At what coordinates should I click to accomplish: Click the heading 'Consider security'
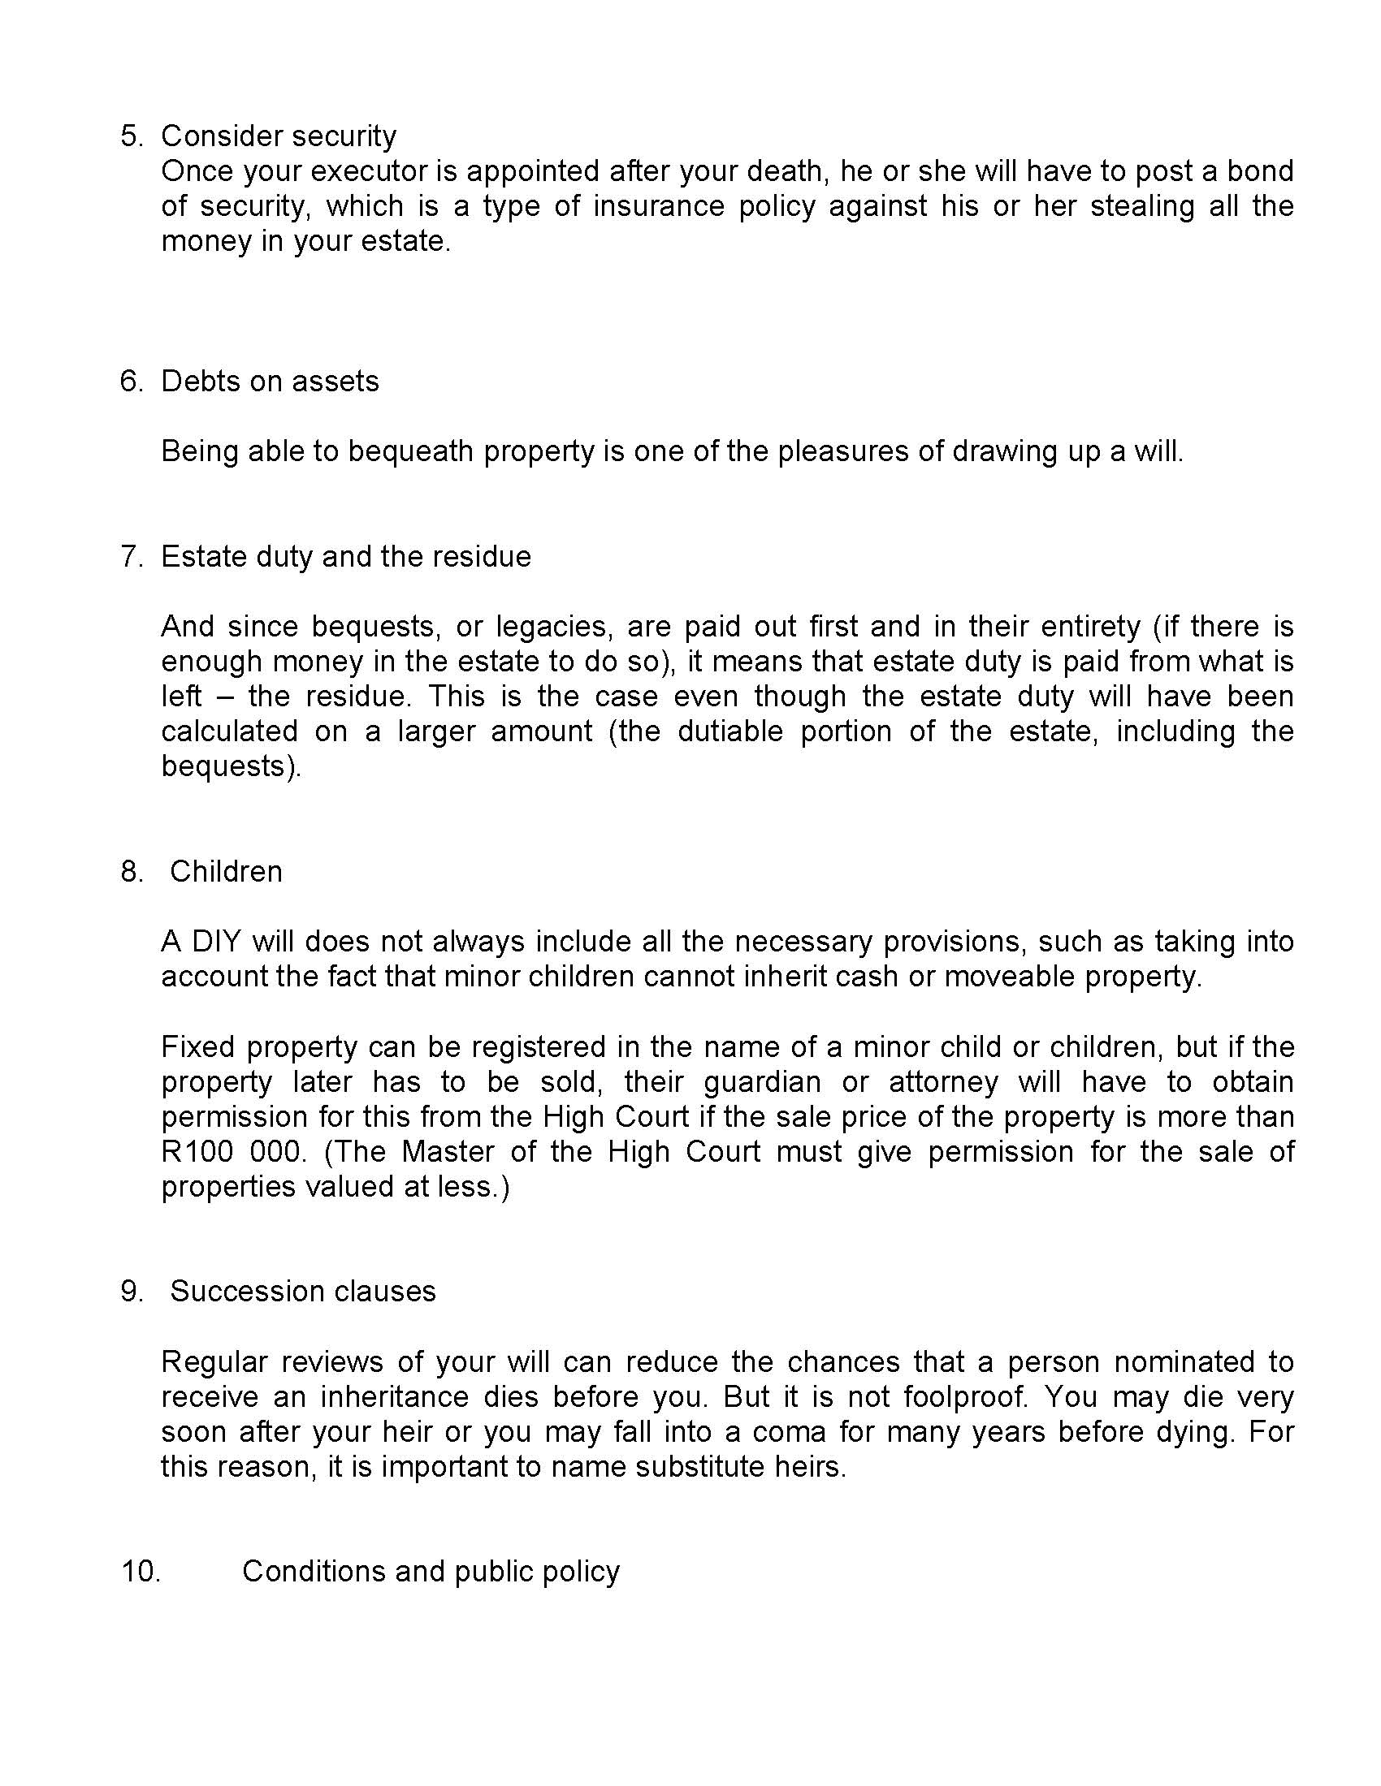tap(278, 136)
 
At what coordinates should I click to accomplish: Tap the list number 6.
tap(131, 382)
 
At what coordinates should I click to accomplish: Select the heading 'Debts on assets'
tap(270, 382)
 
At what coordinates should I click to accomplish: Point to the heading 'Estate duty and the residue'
tap(346, 557)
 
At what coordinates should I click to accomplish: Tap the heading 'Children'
tap(226, 872)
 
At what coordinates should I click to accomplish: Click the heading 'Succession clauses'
tap(303, 1292)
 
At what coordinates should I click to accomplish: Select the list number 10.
tap(141, 1572)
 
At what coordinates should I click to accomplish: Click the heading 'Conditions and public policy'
tap(431, 1572)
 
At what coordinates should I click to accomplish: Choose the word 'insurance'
tap(659, 206)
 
